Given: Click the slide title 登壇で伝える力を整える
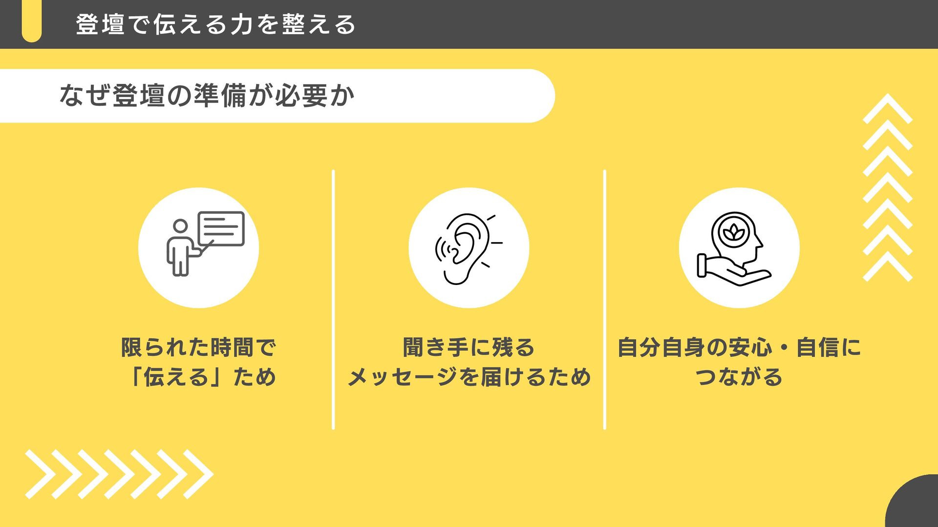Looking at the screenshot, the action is pyautogui.click(x=215, y=24).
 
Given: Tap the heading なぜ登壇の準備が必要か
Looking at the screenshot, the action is pyautogui.click(x=207, y=96).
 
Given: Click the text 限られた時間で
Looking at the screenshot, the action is pyautogui.click(x=199, y=347).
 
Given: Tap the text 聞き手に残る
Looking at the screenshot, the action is pyautogui.click(x=469, y=347).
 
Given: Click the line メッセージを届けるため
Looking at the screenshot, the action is pyautogui.click(x=469, y=377).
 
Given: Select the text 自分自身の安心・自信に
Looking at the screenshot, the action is pyautogui.click(x=739, y=347).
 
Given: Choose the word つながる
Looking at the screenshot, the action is pyautogui.click(x=739, y=377).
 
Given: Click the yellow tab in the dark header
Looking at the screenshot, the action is pyautogui.click(x=32, y=22).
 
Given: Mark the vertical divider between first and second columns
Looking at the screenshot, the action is pyautogui.click(x=333, y=300).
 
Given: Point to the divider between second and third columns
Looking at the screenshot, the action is pyautogui.click(x=604, y=300).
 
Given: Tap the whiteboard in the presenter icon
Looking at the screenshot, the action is pyautogui.click(x=221, y=228).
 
